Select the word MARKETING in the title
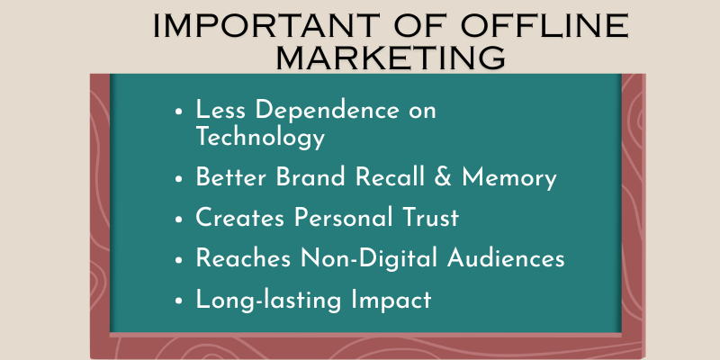[x=389, y=57]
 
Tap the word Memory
[x=509, y=177]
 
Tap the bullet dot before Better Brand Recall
[x=178, y=178]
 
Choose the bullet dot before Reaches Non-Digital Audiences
[x=178, y=259]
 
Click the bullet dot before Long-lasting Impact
[x=178, y=300]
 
